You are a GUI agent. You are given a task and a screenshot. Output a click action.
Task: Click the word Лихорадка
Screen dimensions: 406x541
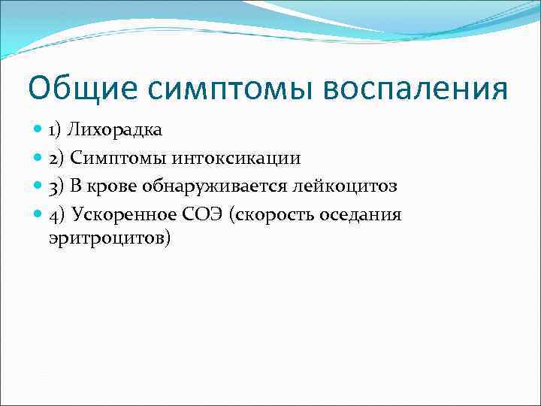[115, 130]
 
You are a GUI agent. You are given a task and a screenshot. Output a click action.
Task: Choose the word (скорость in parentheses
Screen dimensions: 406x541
[273, 215]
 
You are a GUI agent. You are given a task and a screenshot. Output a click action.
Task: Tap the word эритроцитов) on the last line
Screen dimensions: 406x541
[110, 238]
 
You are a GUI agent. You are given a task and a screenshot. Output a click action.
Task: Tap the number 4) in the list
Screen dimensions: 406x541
[56, 215]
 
